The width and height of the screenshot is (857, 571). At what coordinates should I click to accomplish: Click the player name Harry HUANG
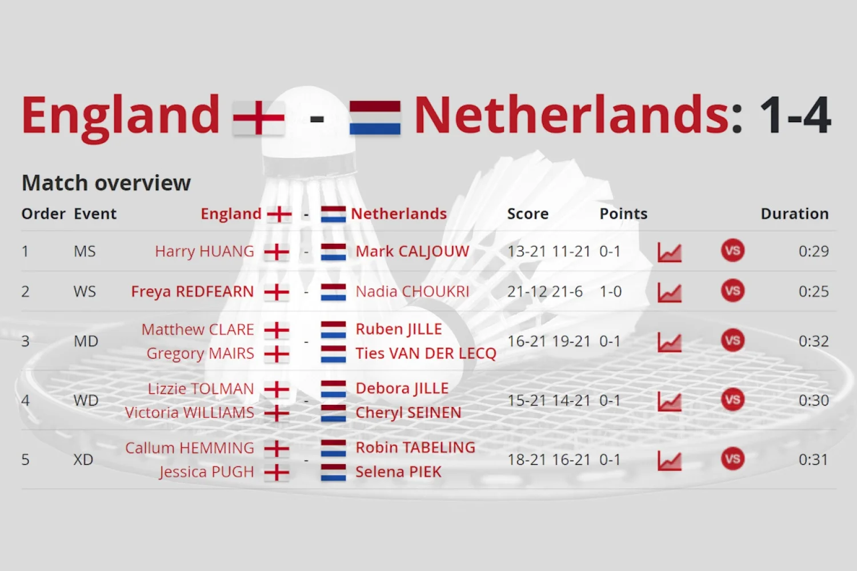204,251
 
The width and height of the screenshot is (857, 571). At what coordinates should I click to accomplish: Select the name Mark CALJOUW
412,251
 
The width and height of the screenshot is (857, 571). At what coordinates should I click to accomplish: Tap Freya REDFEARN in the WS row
192,292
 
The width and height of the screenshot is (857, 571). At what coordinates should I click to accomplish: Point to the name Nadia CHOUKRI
412,292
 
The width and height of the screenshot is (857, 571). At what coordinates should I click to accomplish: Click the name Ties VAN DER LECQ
426,353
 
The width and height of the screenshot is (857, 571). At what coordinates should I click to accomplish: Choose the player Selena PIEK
398,472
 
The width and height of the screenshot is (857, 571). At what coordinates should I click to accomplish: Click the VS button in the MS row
732,251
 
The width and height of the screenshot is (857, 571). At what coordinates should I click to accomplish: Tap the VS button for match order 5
732,459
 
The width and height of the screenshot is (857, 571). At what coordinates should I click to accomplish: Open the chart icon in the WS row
669,292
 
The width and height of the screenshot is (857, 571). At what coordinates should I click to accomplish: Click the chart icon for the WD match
669,401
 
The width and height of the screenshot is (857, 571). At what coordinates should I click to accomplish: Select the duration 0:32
813,341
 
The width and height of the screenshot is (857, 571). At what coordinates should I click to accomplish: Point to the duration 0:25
813,292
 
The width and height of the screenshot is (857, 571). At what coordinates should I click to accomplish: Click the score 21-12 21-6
544,292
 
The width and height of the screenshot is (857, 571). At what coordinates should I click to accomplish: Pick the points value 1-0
610,292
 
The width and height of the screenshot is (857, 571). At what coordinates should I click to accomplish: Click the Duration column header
794,214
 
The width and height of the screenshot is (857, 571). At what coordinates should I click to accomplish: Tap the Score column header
527,214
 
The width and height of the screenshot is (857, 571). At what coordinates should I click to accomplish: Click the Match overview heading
106,183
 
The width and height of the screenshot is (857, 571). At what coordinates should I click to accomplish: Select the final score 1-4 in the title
795,116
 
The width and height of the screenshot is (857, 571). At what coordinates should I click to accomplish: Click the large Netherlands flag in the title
375,118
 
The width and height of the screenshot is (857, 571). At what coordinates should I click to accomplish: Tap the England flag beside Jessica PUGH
277,473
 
